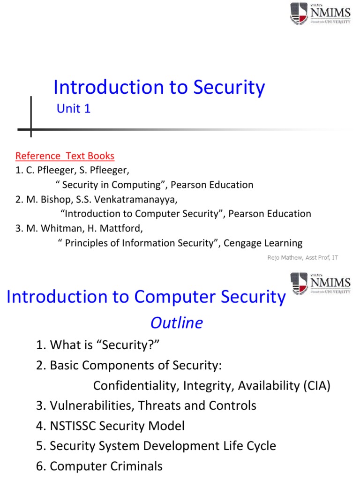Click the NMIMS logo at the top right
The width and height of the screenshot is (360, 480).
(x=320, y=14)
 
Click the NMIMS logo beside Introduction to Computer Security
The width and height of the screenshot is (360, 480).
(x=320, y=283)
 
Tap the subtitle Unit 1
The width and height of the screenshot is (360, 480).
(x=74, y=109)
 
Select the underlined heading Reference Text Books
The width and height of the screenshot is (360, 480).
(x=65, y=156)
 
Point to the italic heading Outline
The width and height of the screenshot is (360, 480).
(x=176, y=322)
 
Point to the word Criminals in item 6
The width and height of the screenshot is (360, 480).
(x=139, y=466)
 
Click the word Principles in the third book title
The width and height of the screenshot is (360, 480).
(x=86, y=243)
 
